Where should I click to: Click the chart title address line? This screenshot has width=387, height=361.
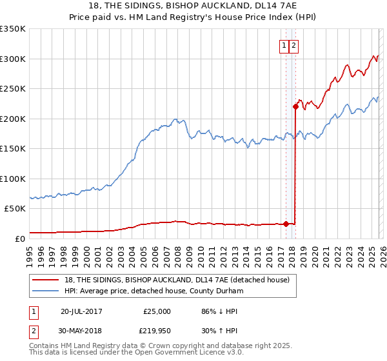coord(193,6)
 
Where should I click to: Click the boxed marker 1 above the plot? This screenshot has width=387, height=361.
coord(284,45)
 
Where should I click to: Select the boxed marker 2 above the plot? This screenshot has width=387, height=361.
coord(293,45)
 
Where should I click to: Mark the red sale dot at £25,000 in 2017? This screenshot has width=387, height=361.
coord(286,224)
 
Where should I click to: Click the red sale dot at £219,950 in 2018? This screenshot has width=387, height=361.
coord(295,107)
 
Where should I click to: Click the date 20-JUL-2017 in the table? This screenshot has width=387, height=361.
coord(81,311)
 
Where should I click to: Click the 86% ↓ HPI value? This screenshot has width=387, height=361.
coord(219,311)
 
